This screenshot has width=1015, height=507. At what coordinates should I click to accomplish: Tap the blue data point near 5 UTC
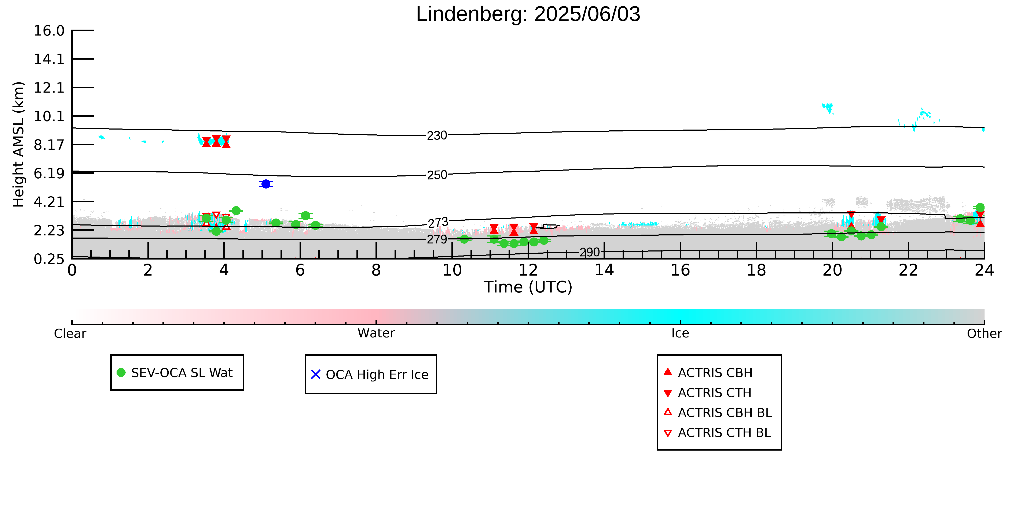[x=266, y=184]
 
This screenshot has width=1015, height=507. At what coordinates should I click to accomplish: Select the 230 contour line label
[x=437, y=135]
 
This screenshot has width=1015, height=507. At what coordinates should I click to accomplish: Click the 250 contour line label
[x=437, y=175]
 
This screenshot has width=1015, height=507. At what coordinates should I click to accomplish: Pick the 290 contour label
[x=589, y=252]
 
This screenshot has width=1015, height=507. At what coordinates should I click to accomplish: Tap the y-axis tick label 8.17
[x=49, y=145]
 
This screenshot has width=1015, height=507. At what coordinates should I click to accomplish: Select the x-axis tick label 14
[x=604, y=271]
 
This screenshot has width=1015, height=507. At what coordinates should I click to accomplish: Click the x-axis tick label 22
[x=908, y=271]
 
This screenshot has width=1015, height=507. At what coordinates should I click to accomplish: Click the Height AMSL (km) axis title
[x=19, y=145]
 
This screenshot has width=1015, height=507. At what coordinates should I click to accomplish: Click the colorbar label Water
[x=376, y=333]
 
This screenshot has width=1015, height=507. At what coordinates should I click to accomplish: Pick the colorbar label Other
[x=984, y=334]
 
